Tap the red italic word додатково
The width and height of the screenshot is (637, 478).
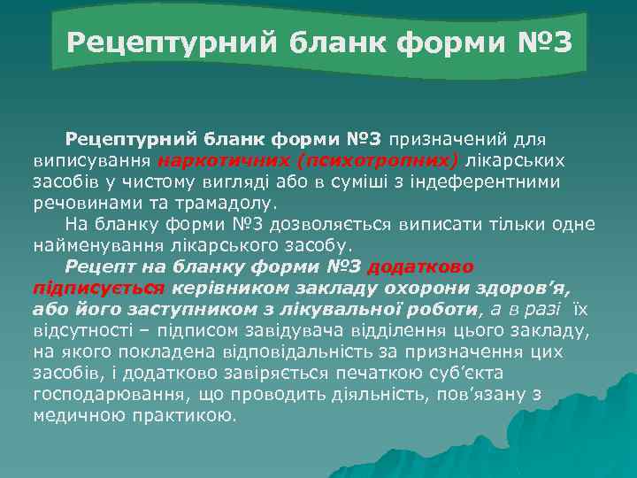point(420,266)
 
